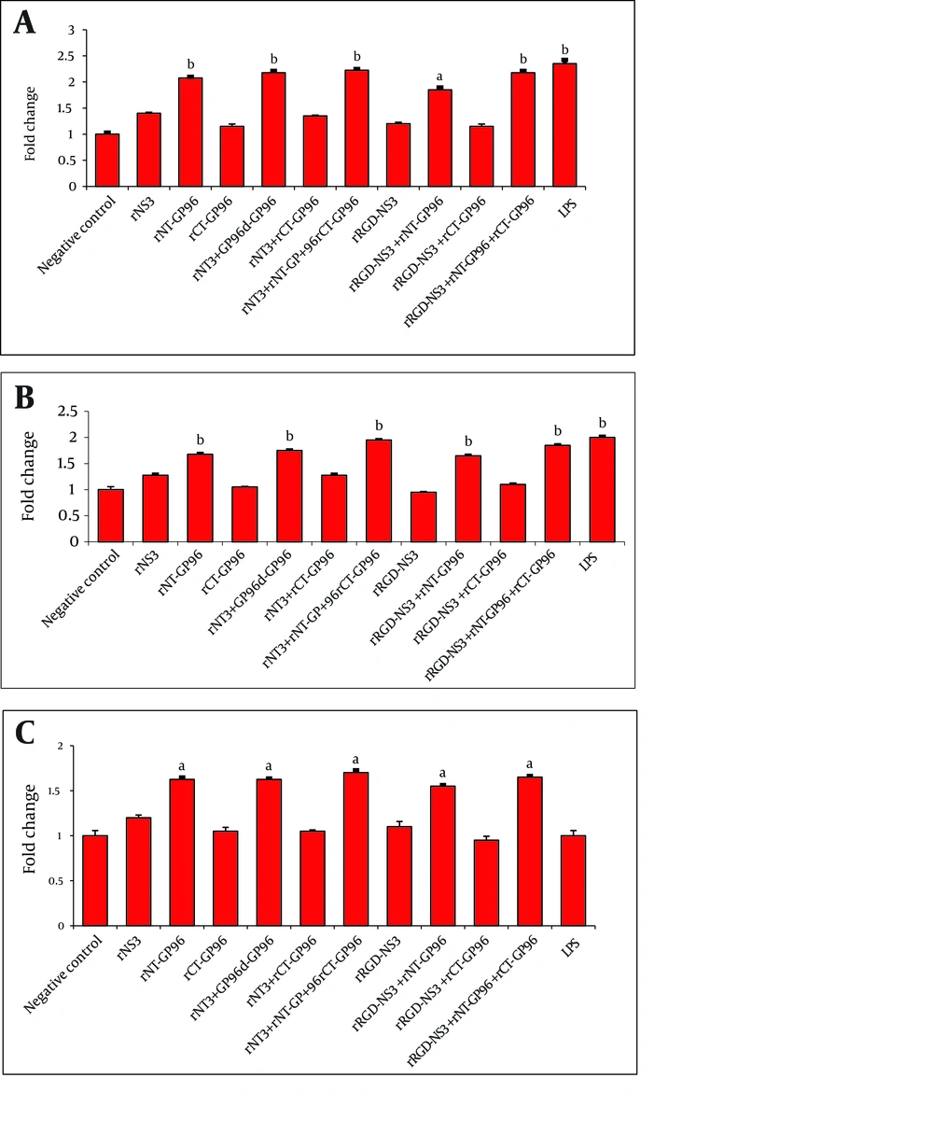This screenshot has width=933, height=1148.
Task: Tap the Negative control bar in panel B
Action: pos(110,515)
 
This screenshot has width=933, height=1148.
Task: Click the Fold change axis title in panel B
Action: pos(29,476)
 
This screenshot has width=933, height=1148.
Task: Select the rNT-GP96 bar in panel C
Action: pos(182,852)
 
